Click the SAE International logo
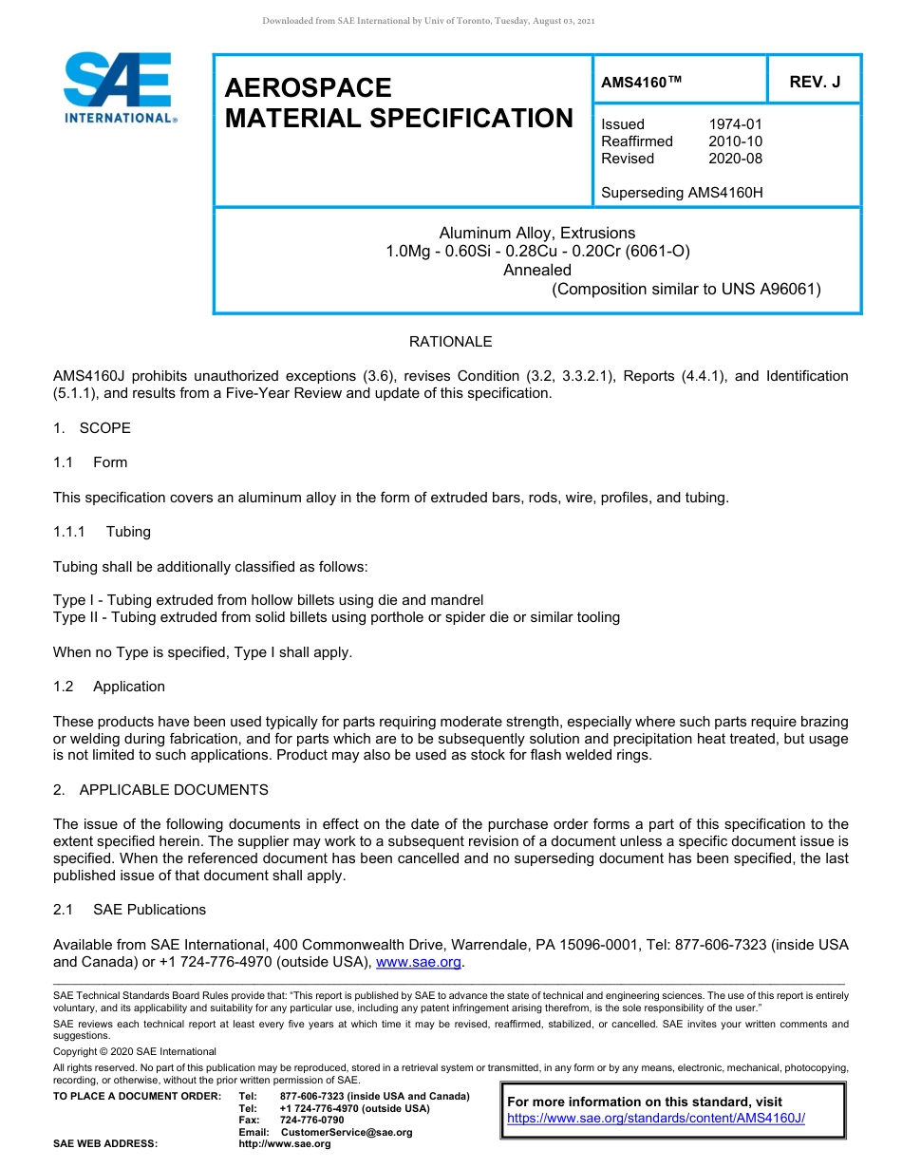[119, 87]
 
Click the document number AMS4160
[633, 83]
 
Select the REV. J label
[815, 83]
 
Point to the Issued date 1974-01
[735, 124]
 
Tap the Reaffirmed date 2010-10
[735, 141]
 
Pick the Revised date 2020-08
[735, 159]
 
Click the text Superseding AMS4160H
[682, 193]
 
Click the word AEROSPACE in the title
[308, 88]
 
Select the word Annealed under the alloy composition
[536, 270]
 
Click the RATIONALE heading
[450, 342]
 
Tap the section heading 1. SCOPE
[92, 428]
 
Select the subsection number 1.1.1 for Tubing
[69, 532]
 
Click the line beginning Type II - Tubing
[336, 617]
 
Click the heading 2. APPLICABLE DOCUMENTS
[161, 790]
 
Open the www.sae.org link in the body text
[419, 962]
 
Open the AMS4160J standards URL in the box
[656, 1119]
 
